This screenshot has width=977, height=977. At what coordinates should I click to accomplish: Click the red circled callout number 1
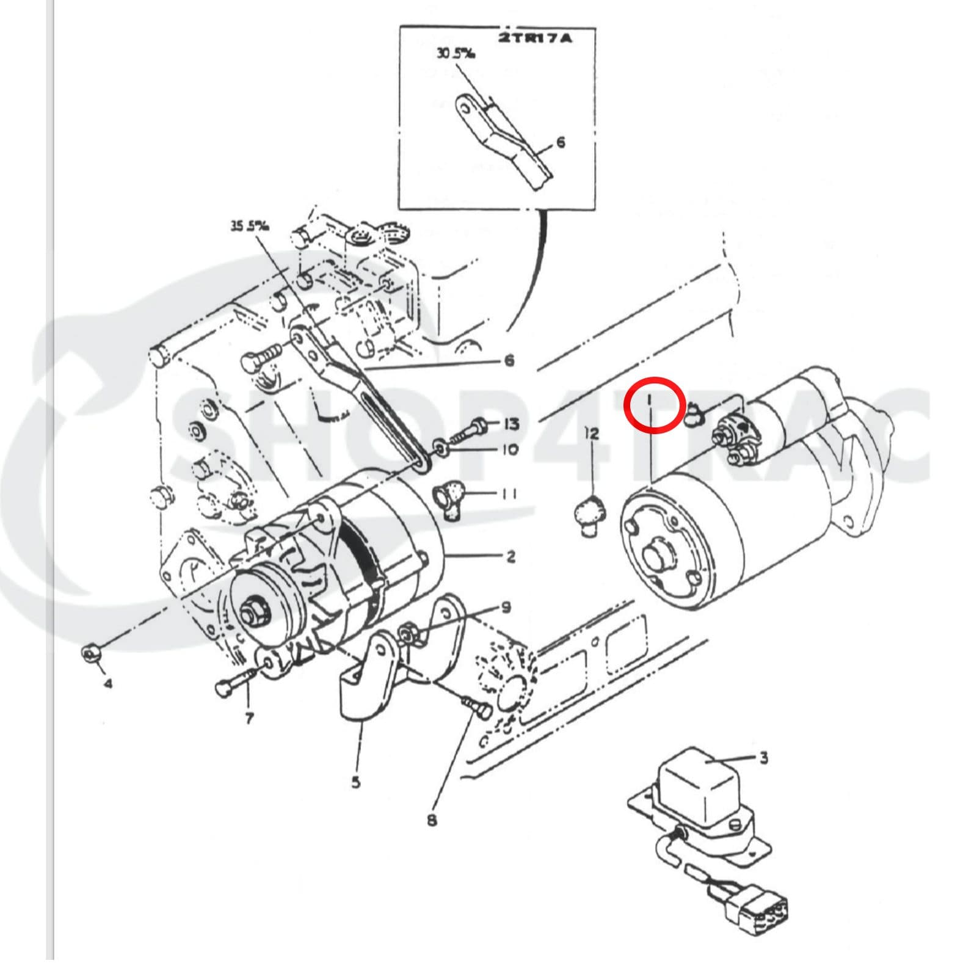[x=651, y=401]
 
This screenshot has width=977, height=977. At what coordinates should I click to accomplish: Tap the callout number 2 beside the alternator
[x=510, y=556]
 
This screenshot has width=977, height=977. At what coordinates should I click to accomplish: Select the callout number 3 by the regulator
[x=763, y=758]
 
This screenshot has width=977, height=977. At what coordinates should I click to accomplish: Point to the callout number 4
[x=107, y=683]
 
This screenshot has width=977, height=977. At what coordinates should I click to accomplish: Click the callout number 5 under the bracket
[x=356, y=782]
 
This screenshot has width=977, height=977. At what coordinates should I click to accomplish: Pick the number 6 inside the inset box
[x=561, y=142]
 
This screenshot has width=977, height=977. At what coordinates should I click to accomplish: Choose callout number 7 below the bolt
[x=249, y=719]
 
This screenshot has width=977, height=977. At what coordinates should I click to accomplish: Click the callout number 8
[x=432, y=820]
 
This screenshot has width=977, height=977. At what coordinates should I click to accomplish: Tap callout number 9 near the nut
[x=506, y=607]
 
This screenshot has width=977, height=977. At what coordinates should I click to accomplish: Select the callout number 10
[x=510, y=450]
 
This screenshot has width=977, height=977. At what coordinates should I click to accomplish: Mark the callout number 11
[x=509, y=493]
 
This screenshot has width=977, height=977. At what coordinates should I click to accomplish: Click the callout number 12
[x=591, y=434]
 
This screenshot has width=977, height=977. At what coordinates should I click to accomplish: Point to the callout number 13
[x=511, y=423]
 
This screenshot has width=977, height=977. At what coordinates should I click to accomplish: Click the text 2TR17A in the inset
[x=536, y=38]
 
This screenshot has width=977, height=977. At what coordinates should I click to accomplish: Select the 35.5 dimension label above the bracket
[x=250, y=226]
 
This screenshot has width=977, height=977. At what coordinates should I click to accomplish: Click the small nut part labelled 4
[x=90, y=655]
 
